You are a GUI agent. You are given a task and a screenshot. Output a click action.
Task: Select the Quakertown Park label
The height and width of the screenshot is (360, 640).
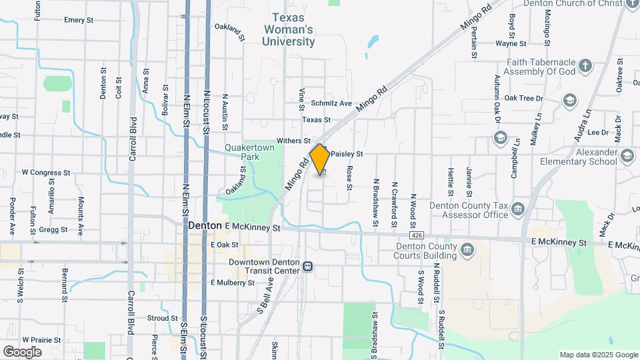(241, 152)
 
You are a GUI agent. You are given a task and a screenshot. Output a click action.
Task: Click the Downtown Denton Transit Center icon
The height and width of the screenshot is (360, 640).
(308, 267)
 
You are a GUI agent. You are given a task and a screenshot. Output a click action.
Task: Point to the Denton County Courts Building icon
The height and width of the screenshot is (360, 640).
(468, 250)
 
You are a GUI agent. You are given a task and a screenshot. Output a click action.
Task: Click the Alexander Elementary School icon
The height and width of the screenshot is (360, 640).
(627, 155)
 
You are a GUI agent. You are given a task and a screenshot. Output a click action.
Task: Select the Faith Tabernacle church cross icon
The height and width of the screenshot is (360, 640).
(585, 65)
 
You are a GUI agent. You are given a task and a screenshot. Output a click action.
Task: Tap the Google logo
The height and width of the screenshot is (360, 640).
(22, 351)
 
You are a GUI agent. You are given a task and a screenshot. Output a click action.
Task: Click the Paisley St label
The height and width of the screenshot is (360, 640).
(346, 154)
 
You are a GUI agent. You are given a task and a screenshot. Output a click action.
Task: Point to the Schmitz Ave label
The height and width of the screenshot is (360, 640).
(335, 103)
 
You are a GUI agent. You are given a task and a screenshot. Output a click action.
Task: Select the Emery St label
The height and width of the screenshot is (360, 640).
(78, 20)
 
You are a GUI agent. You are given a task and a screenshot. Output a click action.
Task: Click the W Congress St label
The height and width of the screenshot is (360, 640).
(45, 172)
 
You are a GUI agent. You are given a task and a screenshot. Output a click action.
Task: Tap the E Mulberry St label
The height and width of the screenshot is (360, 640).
(233, 283)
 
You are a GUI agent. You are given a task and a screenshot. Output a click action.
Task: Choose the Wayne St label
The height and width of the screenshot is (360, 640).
(511, 44)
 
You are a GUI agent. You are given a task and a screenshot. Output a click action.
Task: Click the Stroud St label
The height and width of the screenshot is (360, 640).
(162, 319)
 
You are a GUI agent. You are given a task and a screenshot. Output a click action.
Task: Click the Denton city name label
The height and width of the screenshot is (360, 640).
(205, 226)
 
